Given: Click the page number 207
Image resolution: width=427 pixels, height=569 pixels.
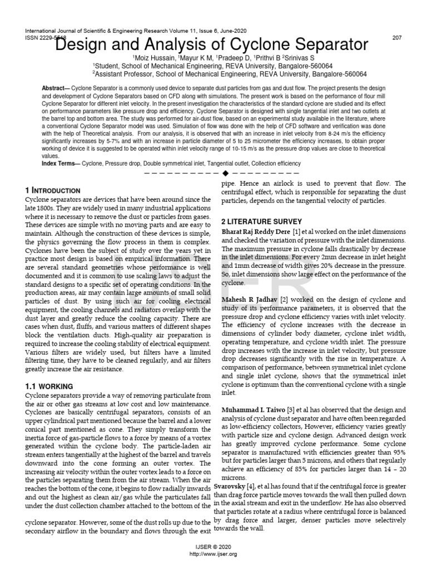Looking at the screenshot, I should (x=397, y=37).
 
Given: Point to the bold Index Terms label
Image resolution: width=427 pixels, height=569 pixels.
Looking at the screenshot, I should (x=61, y=163).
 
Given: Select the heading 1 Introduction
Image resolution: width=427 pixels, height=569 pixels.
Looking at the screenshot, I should (x=53, y=190).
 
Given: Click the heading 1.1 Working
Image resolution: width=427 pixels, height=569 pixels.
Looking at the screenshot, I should (x=49, y=386).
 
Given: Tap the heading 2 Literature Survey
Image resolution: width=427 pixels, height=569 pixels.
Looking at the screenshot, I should (x=262, y=221).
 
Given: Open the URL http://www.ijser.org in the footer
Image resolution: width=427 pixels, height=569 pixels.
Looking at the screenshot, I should (x=213, y=555).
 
